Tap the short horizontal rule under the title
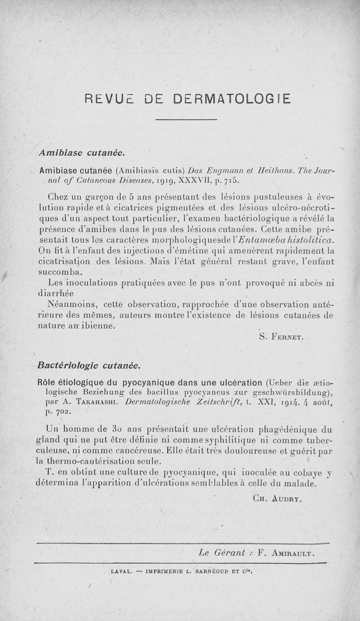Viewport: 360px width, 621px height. [186, 119]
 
